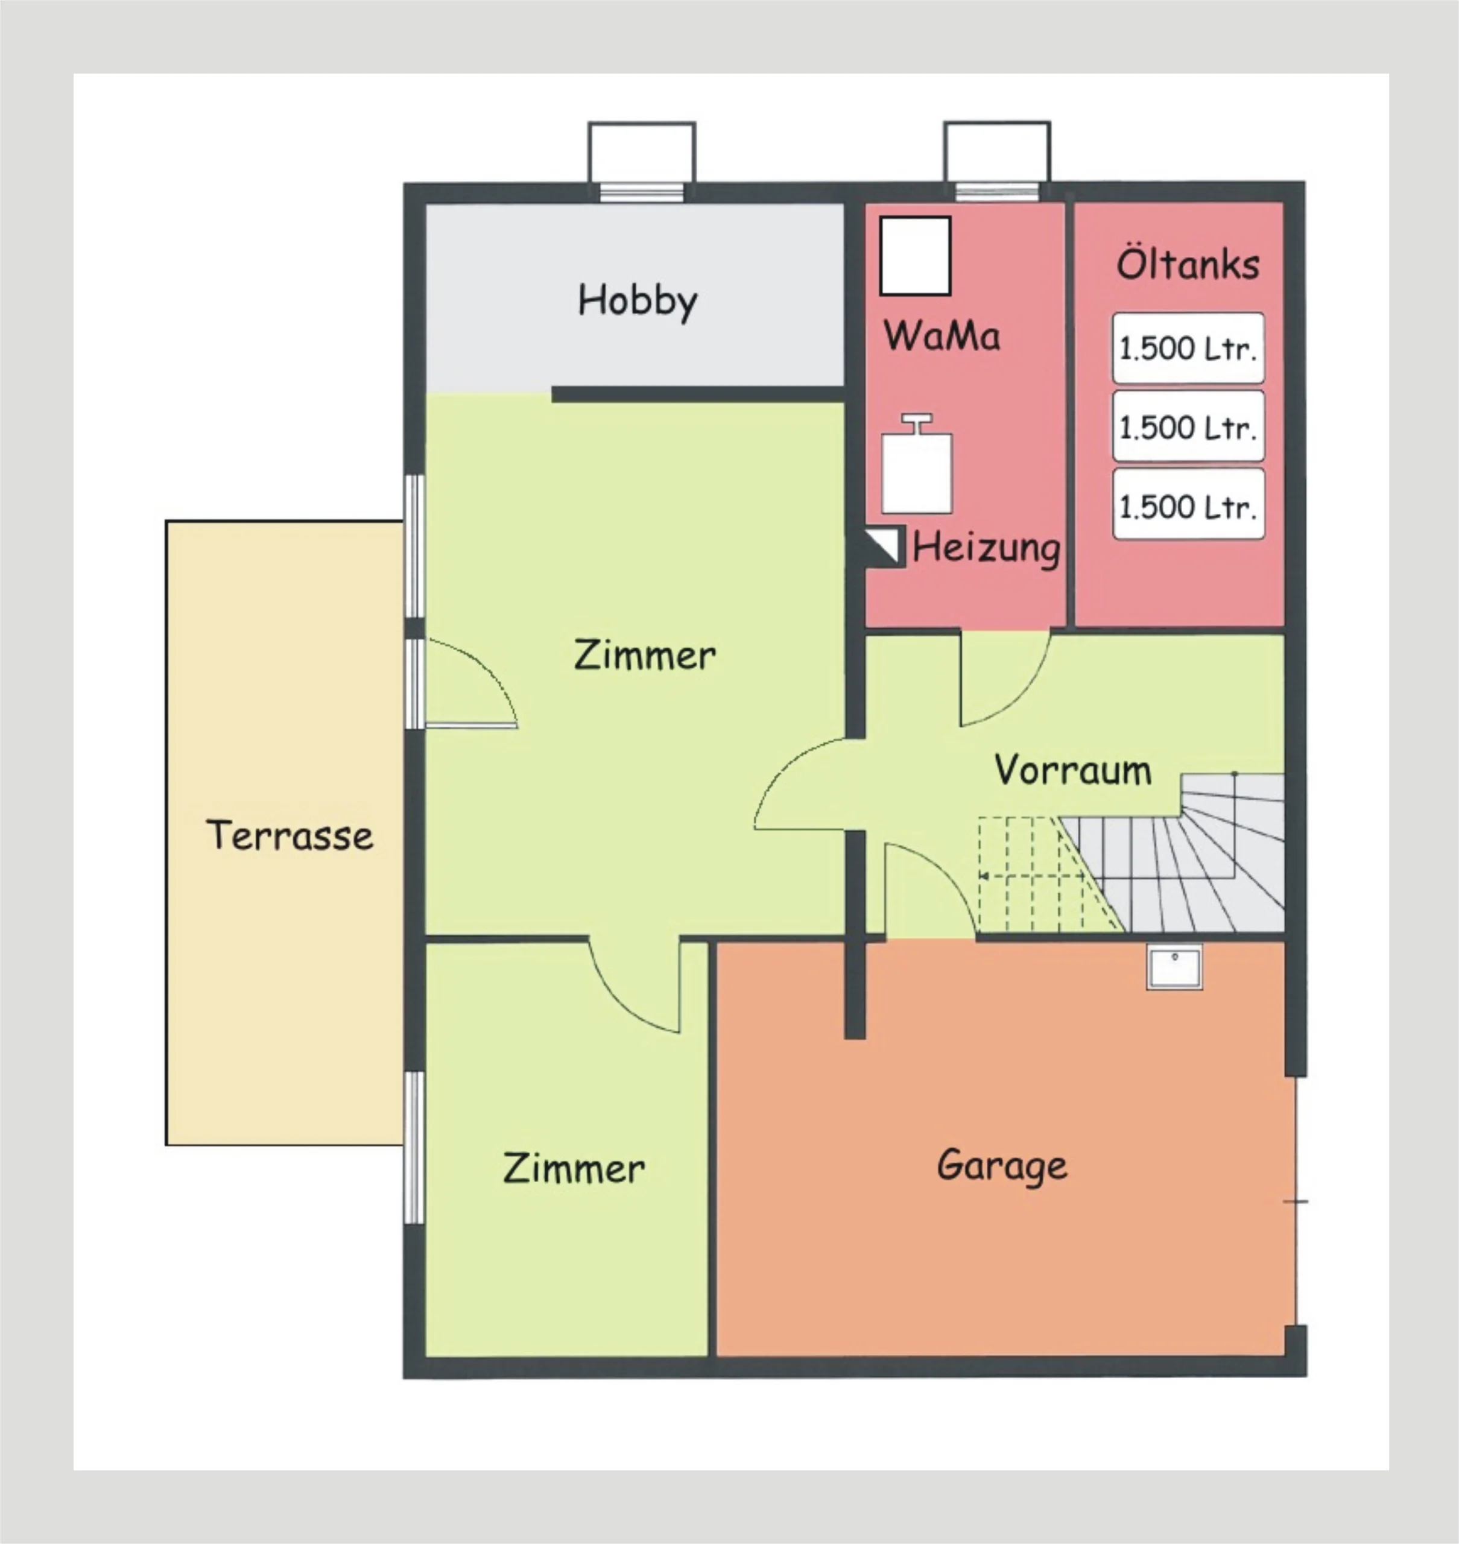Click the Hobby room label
[x=638, y=301]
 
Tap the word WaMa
[x=942, y=336]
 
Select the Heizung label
[x=986, y=548]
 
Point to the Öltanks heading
[x=1188, y=264]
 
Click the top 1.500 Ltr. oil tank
[x=1188, y=349]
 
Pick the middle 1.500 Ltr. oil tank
[x=1188, y=427]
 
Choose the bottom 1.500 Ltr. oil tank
[x=1188, y=505]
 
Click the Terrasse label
[x=290, y=835]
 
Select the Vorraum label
[x=1073, y=770]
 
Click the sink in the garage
[x=1174, y=967]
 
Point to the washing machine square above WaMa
[x=916, y=256]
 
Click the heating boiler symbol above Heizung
[x=917, y=464]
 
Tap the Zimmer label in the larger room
[x=645, y=655]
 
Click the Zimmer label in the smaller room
[x=574, y=1168]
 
